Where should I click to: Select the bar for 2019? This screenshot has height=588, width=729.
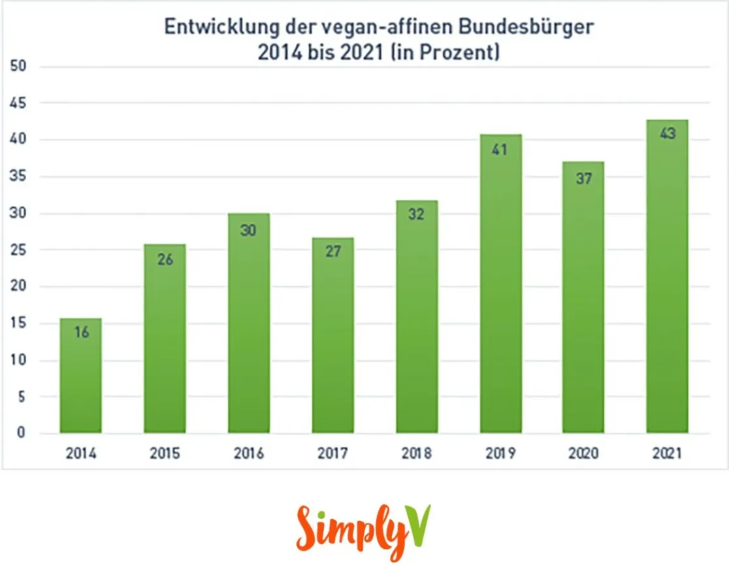coord(500,287)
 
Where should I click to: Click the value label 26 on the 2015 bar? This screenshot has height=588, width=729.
coord(165,259)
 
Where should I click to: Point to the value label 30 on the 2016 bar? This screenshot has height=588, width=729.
coord(249,230)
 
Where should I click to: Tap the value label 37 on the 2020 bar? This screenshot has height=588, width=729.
coord(583,178)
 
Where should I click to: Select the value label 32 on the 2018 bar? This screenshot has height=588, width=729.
coord(416,214)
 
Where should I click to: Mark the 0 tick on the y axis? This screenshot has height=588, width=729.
coord(22,433)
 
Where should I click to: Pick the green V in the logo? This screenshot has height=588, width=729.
coord(418,526)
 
